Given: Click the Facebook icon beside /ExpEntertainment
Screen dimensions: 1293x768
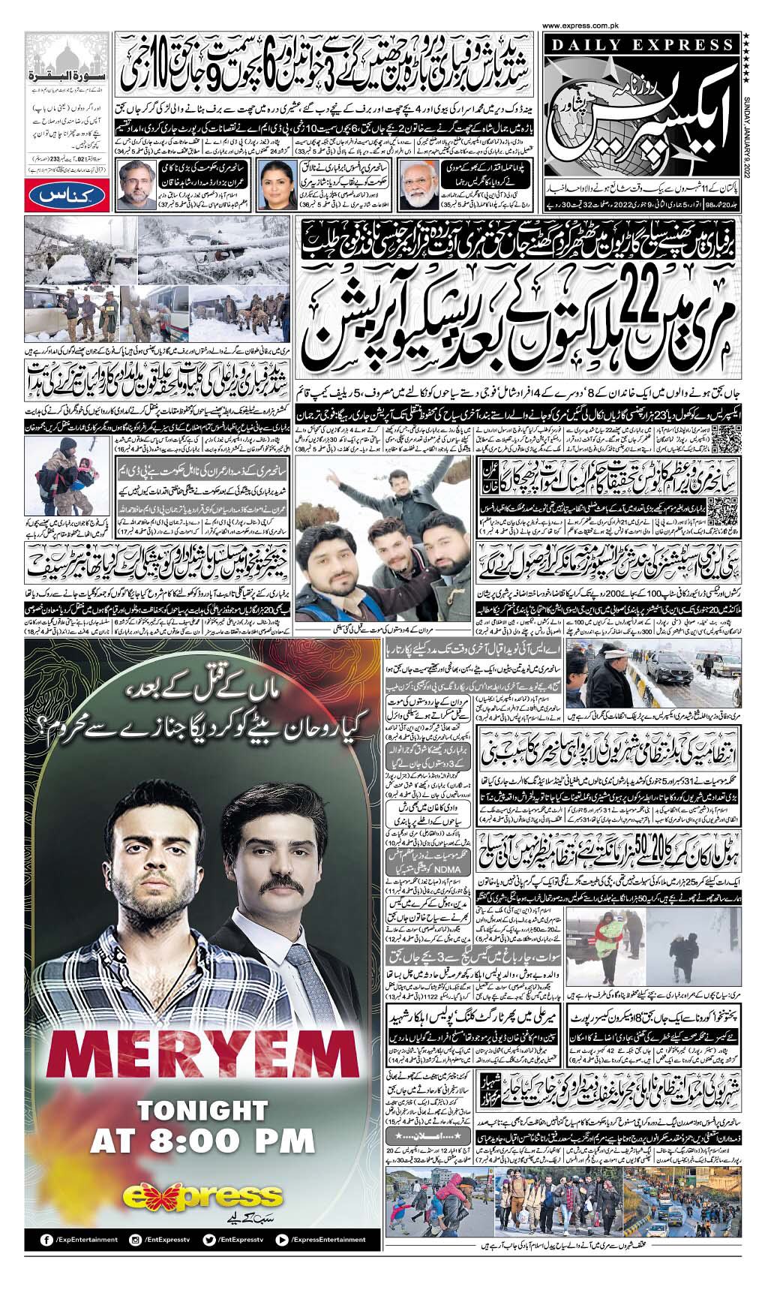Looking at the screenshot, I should pyautogui.click(x=46, y=1239).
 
